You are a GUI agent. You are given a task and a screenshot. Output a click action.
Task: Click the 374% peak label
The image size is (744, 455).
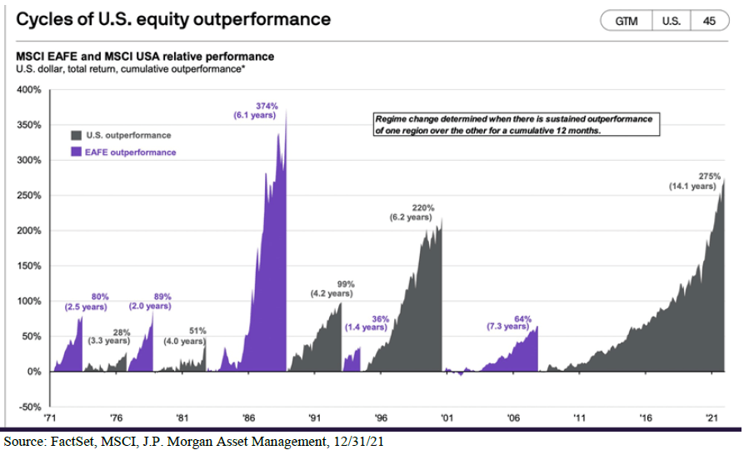point(267,106)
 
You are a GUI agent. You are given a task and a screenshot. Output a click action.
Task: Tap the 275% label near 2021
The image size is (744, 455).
point(709,176)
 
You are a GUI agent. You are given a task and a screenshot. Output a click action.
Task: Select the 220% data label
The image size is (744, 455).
point(423,207)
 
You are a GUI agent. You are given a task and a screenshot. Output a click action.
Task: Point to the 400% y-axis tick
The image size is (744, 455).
point(30,88)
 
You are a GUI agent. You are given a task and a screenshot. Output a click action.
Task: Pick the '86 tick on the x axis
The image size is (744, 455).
point(248,419)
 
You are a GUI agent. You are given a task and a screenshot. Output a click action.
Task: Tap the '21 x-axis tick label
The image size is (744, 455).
point(712,419)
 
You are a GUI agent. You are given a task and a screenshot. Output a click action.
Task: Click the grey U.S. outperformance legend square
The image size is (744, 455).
point(76,134)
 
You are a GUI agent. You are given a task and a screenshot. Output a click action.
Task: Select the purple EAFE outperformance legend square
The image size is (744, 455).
point(76,152)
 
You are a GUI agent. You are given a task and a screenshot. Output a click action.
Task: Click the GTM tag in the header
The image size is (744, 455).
point(627,21)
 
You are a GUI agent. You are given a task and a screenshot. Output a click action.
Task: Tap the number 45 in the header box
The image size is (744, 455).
point(709,21)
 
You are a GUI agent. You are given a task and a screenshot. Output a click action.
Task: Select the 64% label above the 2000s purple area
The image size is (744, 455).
point(522,318)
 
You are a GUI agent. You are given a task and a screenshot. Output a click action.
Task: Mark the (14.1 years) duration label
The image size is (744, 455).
point(692,187)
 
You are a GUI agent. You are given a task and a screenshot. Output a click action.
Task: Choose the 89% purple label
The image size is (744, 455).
point(162,296)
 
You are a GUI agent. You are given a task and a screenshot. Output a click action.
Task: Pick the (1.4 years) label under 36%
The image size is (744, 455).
point(367,327)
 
